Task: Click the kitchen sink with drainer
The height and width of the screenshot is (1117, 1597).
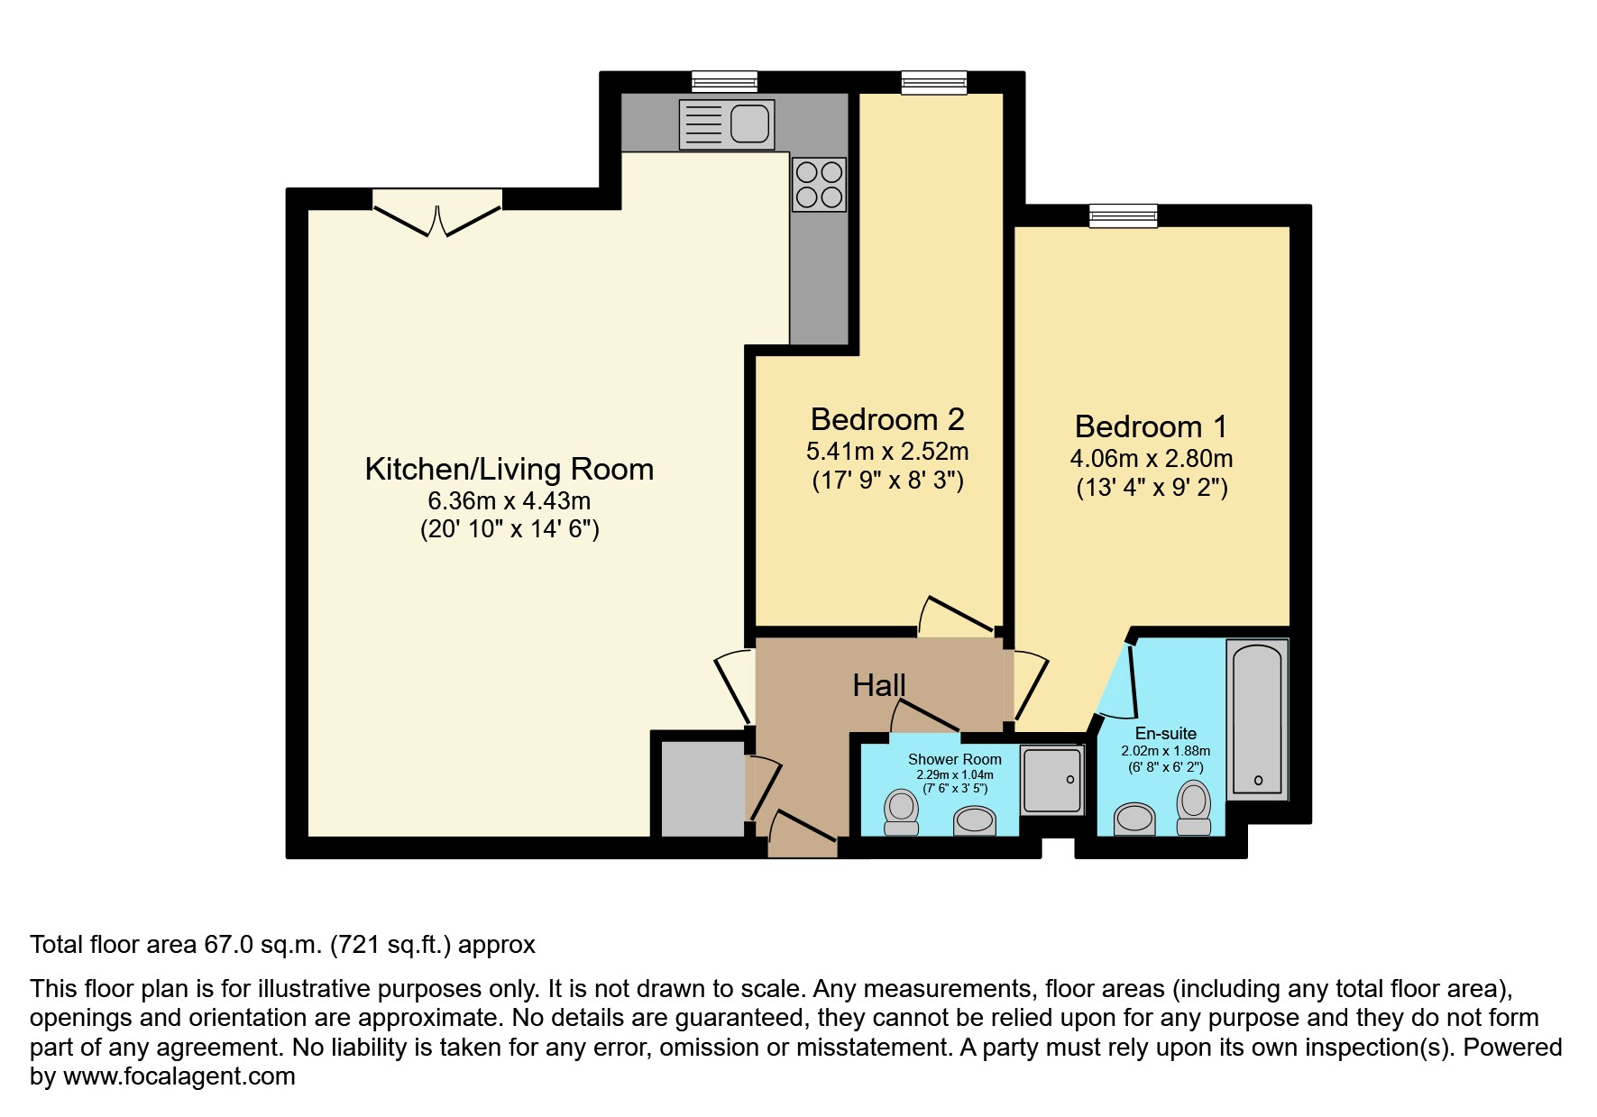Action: click(727, 124)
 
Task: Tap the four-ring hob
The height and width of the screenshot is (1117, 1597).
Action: click(819, 185)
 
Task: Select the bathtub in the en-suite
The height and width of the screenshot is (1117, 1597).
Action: click(1257, 718)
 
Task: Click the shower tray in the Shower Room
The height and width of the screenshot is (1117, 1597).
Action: click(1051, 780)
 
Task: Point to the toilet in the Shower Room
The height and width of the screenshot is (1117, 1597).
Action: click(901, 811)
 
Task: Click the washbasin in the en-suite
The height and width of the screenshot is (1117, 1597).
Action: click(1135, 819)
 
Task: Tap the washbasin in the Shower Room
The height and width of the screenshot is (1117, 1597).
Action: click(975, 820)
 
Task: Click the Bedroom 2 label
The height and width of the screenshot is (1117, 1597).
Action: click(887, 419)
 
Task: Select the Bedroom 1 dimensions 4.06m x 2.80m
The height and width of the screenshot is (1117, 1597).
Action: click(1152, 458)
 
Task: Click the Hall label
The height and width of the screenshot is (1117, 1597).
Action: click(878, 685)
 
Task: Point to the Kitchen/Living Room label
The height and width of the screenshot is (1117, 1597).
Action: click(509, 469)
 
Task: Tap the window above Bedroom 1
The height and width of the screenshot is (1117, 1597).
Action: click(1123, 215)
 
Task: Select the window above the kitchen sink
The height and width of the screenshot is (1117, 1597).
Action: click(724, 82)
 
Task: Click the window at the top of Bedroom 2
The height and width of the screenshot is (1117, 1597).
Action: click(934, 82)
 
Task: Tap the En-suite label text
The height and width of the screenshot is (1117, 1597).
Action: click(1165, 733)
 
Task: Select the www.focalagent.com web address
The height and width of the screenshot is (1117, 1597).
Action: click(179, 1076)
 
